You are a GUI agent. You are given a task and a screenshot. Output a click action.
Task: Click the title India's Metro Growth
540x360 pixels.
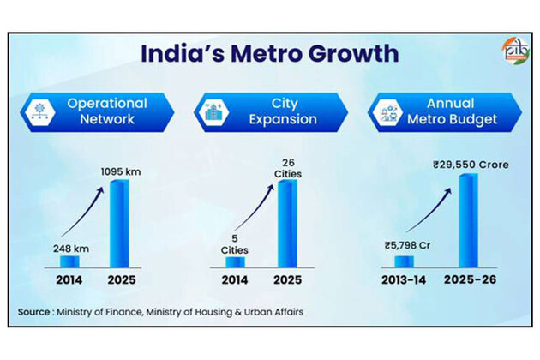pos(270,53)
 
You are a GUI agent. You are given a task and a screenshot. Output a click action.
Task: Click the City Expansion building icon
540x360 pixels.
pos(213,111)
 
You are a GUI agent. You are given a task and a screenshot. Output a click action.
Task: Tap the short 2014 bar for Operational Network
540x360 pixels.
pos(69,261)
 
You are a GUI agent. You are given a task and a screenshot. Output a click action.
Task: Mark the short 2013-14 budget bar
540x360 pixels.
pos(404,261)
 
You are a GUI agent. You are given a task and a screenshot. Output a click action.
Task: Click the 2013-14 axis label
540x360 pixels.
pos(405,280)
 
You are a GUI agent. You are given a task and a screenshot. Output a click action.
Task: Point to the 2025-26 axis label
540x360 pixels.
pos(467,280)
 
